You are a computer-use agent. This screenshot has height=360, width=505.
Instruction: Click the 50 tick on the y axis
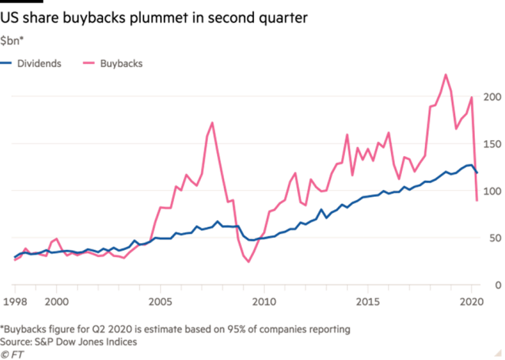[493, 238]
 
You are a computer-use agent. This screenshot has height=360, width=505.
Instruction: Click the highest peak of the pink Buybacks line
[444, 74]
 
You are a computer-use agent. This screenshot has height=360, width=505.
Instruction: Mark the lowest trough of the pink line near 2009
[248, 262]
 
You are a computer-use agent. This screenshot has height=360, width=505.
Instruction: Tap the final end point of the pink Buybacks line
[478, 202]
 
